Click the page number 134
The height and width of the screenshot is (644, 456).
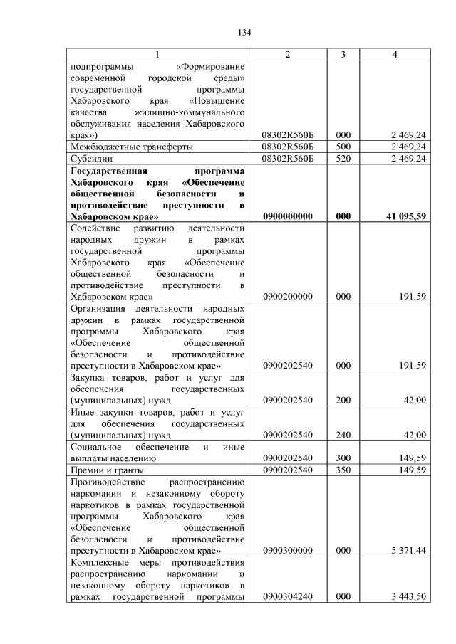245,32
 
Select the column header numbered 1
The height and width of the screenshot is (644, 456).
157,56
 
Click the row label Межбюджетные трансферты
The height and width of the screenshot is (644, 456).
122,146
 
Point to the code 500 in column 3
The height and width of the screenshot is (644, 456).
343,146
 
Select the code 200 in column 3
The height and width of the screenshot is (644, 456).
343,400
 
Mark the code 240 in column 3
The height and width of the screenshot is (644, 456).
343,435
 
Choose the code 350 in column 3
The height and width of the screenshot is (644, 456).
343,470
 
